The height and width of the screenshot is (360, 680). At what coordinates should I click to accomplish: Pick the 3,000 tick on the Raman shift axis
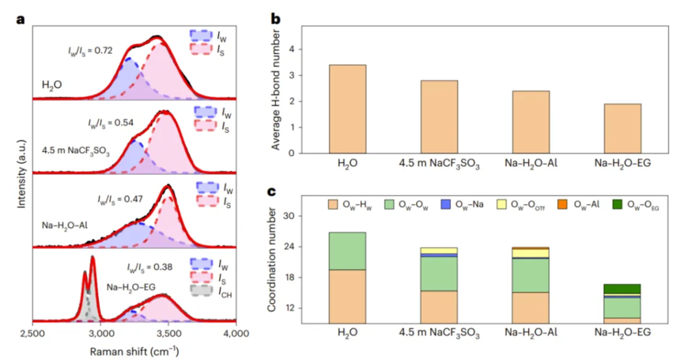(x=100, y=336)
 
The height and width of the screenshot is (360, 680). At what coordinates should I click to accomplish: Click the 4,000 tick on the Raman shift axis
(x=236, y=336)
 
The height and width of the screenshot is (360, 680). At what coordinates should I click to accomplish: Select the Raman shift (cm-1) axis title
(x=134, y=351)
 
